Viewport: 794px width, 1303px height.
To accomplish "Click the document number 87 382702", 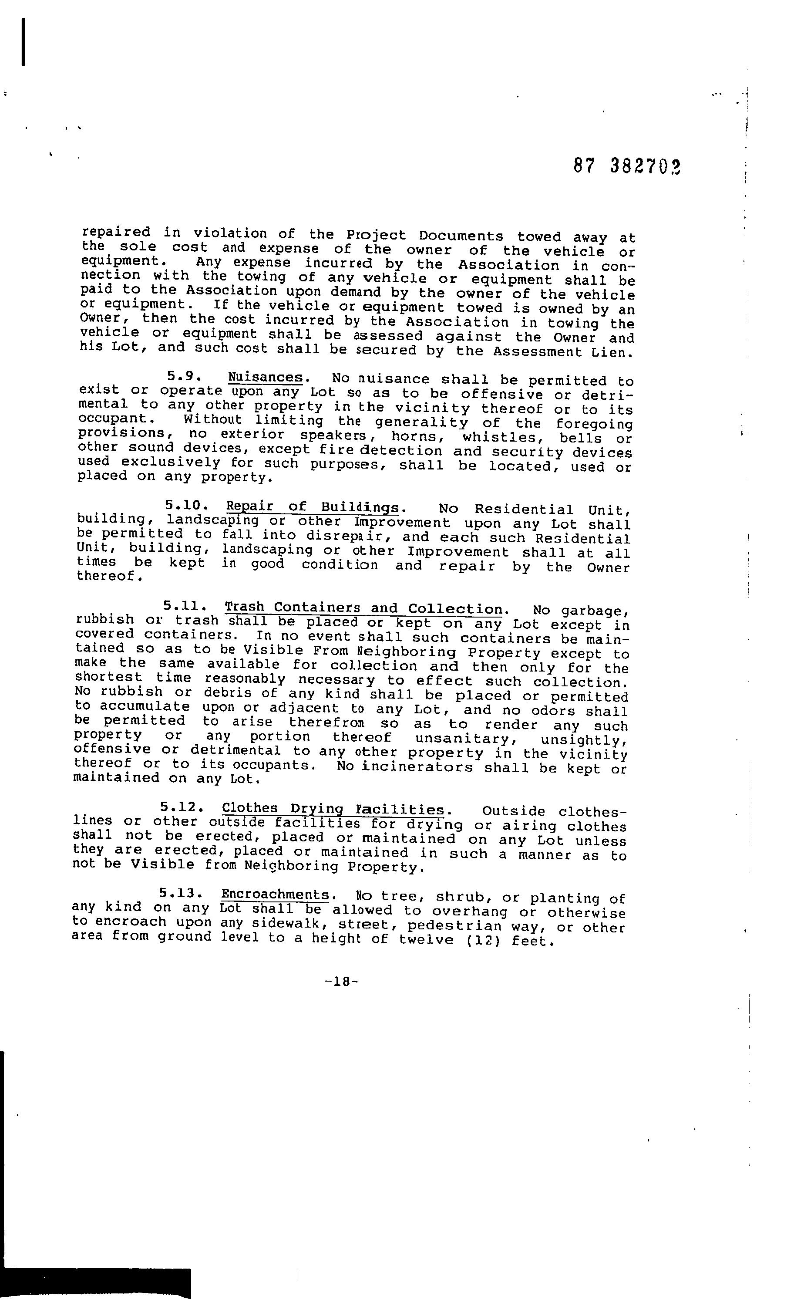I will [626, 167].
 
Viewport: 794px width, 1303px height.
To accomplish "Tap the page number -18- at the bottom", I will [343, 982].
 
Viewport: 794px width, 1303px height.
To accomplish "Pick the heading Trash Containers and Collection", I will [363, 608].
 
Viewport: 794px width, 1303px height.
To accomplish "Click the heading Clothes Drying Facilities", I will [333, 809].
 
